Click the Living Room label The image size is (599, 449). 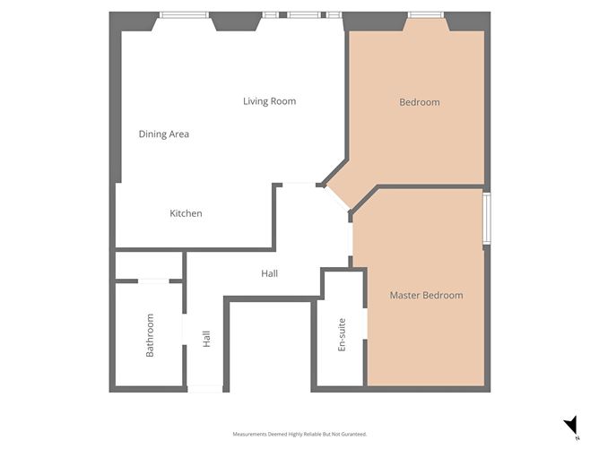[x=269, y=101]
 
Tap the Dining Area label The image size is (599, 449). [x=164, y=134]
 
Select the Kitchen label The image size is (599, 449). [x=186, y=213]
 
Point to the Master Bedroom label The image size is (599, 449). [x=426, y=295]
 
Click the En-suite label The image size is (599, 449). [x=342, y=335]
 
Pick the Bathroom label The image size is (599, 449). [x=150, y=335]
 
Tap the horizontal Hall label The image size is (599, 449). [x=269, y=273]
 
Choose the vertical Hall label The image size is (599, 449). [x=206, y=339]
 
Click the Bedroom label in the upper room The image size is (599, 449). [x=420, y=102]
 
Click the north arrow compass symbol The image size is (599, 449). [x=572, y=426]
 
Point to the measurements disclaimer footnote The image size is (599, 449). [x=299, y=434]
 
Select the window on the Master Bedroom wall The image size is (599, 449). [x=487, y=219]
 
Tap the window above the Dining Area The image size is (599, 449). [x=184, y=15]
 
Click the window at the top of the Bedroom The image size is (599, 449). [x=426, y=15]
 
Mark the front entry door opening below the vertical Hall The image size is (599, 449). [x=204, y=389]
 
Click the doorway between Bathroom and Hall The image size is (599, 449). [x=184, y=330]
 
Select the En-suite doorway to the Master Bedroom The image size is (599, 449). [x=365, y=324]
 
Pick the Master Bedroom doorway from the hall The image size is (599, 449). [x=351, y=239]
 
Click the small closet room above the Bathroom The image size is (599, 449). [x=149, y=265]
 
